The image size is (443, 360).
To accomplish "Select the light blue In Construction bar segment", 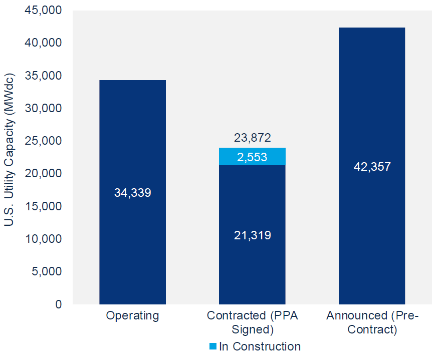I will (x=252, y=157).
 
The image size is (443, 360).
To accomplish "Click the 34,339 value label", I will (x=132, y=193).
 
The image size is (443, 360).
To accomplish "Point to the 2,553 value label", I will (x=252, y=158).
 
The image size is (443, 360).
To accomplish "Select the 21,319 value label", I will (x=252, y=235).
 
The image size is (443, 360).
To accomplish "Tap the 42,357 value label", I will (x=372, y=167).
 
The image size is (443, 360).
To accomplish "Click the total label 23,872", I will (x=252, y=138).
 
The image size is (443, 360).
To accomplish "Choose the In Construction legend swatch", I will (x=212, y=346).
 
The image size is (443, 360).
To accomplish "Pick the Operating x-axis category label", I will (x=132, y=316).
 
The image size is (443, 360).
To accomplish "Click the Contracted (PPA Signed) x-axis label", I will (x=252, y=322).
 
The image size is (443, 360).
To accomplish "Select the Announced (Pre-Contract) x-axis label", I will (x=372, y=322).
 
